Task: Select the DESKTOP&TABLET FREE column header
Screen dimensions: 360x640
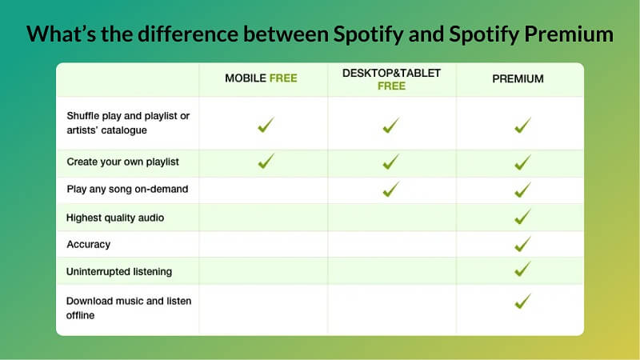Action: pos(391,78)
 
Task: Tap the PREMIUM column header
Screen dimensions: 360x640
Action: pos(518,79)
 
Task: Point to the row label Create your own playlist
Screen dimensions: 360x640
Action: pos(122,162)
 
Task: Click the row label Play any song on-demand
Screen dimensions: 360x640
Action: pos(126,189)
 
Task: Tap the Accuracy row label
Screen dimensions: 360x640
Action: pos(89,244)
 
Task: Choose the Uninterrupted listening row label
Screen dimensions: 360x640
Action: pos(119,272)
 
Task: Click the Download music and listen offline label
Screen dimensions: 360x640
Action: pos(128,307)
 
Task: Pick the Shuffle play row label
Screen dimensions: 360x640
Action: pos(128,122)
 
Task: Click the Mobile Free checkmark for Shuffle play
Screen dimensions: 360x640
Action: pos(265,125)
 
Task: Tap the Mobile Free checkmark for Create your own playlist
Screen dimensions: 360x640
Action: pos(265,161)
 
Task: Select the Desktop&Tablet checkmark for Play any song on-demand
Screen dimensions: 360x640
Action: pos(390,190)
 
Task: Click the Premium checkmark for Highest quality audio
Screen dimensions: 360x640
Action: pos(522,216)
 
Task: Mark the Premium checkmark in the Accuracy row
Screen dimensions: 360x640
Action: pos(522,243)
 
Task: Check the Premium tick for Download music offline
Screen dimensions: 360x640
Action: pos(522,301)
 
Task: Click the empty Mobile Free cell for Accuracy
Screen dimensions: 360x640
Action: pos(263,244)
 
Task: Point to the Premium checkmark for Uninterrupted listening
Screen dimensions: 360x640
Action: pos(522,270)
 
